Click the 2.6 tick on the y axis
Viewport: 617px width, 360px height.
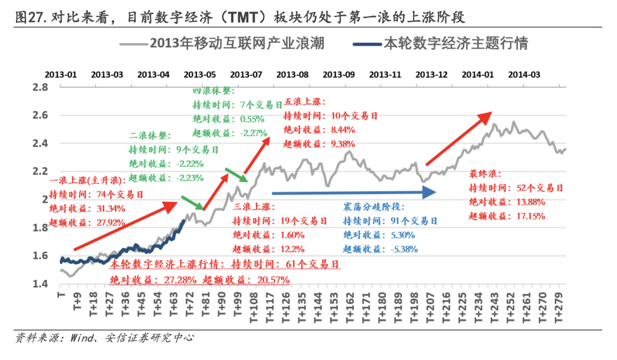[x=40, y=115]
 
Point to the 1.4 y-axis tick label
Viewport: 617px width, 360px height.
[x=40, y=283]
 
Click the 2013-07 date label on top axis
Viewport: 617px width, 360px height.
[x=246, y=75]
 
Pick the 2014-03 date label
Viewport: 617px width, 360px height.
[x=524, y=75]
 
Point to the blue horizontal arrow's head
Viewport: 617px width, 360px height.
[x=430, y=192]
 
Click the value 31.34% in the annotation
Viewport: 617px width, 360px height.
[x=111, y=209]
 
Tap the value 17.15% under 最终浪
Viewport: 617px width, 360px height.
[x=531, y=216]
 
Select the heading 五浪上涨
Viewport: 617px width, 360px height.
[x=304, y=102]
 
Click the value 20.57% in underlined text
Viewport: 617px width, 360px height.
[x=273, y=280]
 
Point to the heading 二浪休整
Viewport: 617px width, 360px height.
[x=150, y=136]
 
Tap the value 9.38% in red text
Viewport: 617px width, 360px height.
[x=343, y=144]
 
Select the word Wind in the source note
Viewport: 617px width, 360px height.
[x=81, y=338]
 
